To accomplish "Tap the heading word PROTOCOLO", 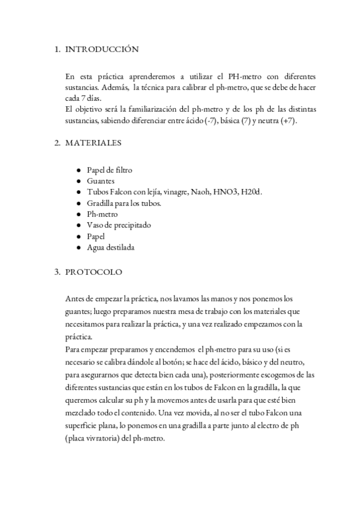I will [x=94, y=272].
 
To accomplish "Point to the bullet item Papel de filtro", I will [x=109, y=170].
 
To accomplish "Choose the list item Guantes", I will [x=100, y=181].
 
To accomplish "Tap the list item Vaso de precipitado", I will [x=119, y=225].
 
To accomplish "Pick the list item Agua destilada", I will [x=110, y=247].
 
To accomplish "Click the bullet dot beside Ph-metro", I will [x=79, y=214].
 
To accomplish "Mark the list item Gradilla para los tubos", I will [x=124, y=203].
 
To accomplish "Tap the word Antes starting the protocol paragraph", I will [x=76, y=298].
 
